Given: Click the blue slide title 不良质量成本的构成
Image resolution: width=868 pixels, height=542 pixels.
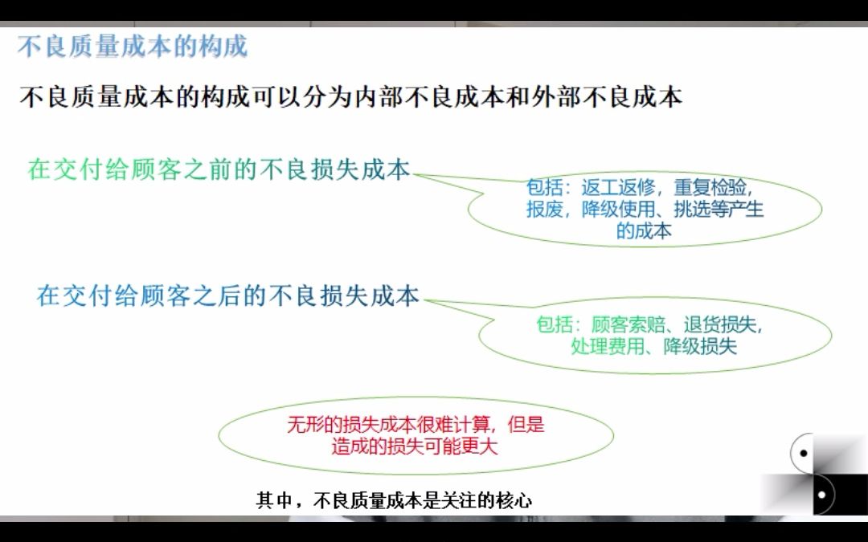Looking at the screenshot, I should tap(133, 47).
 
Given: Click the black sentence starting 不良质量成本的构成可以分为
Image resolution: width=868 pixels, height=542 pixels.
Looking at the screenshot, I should tap(350, 97).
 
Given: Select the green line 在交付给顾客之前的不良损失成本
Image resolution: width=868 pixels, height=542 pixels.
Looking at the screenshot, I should tap(219, 170).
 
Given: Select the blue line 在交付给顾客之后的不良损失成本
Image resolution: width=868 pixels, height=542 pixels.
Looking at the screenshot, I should tap(228, 295).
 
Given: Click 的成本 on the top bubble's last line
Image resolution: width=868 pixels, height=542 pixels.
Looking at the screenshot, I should tap(644, 231).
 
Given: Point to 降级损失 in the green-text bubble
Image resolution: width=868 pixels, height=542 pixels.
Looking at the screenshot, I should tap(700, 347).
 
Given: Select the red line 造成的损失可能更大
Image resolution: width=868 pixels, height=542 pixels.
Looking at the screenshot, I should tap(415, 446).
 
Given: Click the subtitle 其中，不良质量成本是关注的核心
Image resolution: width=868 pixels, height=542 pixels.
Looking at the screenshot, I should tap(394, 500).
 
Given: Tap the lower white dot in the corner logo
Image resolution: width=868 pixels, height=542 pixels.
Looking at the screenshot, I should tap(821, 495).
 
